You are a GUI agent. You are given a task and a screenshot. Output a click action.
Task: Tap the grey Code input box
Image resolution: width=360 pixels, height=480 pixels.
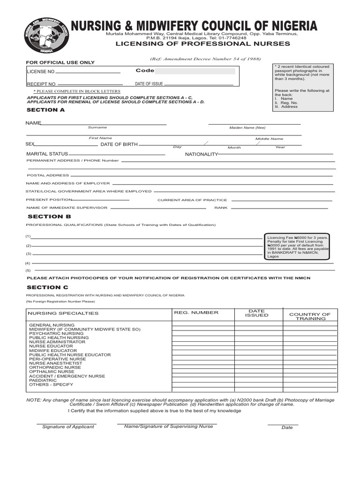(195, 71)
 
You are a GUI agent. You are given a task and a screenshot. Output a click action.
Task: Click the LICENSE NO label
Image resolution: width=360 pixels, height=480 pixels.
(41, 72)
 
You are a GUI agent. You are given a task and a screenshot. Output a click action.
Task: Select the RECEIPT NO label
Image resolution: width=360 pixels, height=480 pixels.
(41, 84)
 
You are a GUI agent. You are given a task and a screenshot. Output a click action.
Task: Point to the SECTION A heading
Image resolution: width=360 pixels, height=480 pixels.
(45, 110)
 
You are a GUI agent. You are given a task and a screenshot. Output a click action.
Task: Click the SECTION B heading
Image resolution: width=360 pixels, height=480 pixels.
(49, 217)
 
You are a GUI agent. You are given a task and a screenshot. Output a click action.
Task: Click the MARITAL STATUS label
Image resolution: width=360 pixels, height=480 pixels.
(47, 154)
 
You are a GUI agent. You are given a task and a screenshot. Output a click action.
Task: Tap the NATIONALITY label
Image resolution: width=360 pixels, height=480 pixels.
(201, 154)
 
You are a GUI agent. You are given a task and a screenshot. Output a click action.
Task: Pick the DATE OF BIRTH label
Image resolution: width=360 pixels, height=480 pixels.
(119, 144)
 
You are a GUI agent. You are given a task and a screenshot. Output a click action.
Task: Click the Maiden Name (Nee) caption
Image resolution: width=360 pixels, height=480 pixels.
(247, 127)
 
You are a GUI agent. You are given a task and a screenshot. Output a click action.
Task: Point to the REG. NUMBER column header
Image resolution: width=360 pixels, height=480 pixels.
(196, 313)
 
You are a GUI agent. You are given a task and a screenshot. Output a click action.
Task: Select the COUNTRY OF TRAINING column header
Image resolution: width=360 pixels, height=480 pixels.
(310, 316)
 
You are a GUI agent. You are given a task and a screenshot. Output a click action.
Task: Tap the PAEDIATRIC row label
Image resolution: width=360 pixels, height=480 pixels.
(43, 380)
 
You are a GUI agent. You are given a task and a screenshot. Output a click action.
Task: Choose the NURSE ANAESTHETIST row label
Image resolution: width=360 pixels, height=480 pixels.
(55, 363)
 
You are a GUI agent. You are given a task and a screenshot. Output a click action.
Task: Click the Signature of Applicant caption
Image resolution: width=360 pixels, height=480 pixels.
(68, 427)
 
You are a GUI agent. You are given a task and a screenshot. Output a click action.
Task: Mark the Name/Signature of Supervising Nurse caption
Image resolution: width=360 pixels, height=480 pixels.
(168, 426)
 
